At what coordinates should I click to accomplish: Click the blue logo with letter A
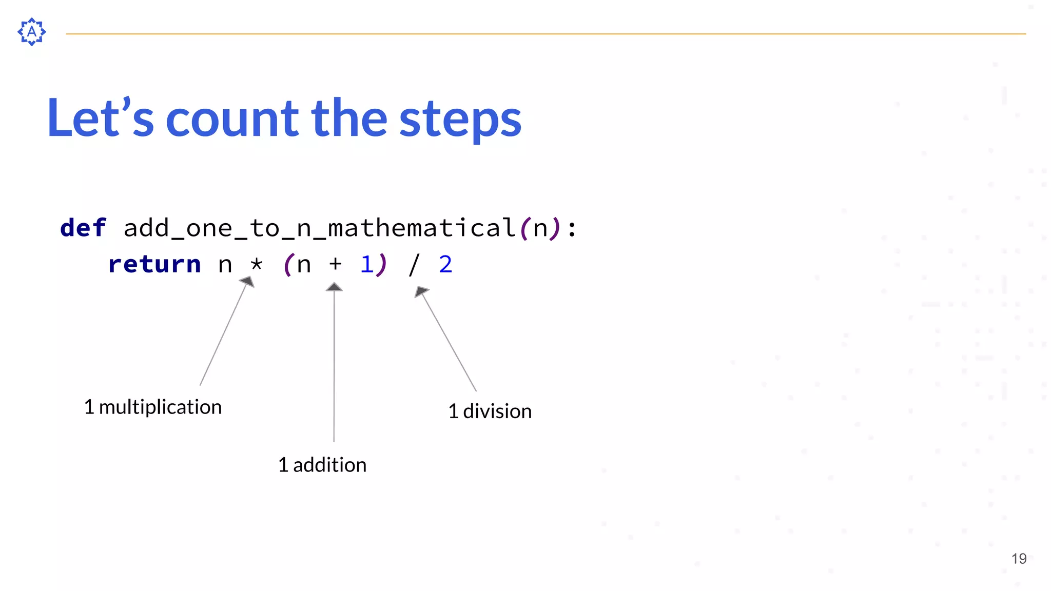32,32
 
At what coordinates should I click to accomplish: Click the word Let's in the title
100,119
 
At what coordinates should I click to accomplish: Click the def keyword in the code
83,228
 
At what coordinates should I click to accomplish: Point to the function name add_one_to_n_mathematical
319,228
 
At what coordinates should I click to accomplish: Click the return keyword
154,264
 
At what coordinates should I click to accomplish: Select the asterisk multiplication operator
256,265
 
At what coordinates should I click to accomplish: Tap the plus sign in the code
335,264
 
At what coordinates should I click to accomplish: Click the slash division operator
414,265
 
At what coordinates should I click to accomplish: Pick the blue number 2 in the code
445,264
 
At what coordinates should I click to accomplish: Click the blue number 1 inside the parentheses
366,264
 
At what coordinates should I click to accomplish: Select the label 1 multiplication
153,407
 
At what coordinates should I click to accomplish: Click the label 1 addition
322,465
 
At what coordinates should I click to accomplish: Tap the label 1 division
490,411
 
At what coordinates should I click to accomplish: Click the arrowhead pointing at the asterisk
248,282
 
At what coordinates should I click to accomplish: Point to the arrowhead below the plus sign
334,287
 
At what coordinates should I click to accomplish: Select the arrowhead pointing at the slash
420,291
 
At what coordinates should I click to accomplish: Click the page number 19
1019,559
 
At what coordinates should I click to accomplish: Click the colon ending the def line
572,229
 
